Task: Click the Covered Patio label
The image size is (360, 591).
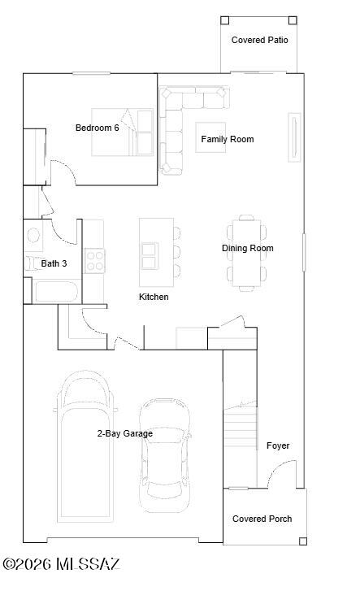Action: click(x=259, y=40)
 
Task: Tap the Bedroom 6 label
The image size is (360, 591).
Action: click(x=98, y=128)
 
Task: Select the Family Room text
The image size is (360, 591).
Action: click(x=228, y=140)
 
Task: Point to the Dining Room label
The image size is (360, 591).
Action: click(x=247, y=248)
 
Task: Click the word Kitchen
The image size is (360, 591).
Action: click(x=154, y=297)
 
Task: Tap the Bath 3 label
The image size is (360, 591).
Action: click(x=54, y=263)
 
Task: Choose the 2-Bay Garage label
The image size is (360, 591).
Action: click(x=125, y=433)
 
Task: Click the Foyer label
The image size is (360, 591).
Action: click(x=278, y=445)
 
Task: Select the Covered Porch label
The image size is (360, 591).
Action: click(x=262, y=519)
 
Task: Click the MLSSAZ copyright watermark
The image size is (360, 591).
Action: click(x=62, y=564)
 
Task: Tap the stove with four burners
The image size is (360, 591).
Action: click(x=94, y=261)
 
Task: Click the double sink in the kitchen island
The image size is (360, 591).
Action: click(x=150, y=256)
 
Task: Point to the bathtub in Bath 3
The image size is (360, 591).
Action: click(x=56, y=292)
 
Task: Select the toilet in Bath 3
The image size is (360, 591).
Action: click(x=33, y=263)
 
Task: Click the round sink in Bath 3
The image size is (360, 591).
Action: click(x=33, y=235)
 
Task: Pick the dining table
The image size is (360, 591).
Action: click(x=247, y=254)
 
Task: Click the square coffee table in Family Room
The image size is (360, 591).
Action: click(x=210, y=137)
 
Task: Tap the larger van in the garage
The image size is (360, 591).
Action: click(x=85, y=445)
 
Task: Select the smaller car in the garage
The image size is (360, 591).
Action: click(x=164, y=455)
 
